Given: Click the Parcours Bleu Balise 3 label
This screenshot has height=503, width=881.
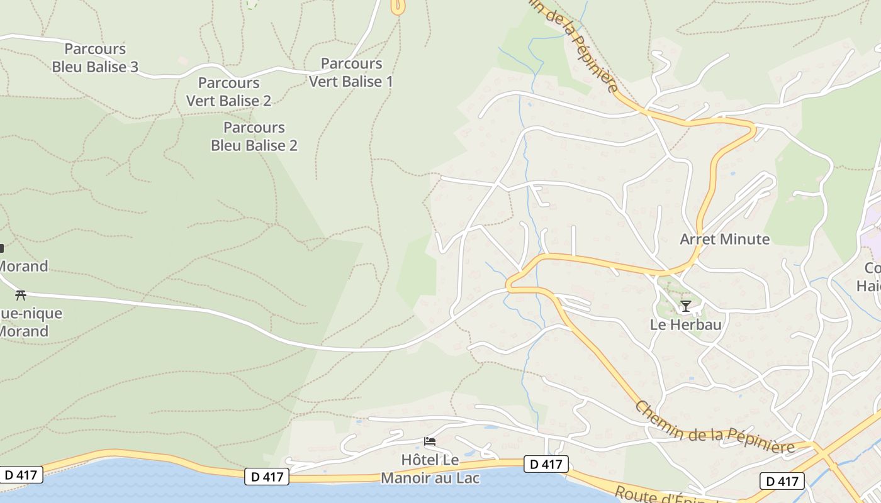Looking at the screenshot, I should click(x=95, y=58).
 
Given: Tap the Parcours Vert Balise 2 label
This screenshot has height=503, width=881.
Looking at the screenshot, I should click(x=228, y=92).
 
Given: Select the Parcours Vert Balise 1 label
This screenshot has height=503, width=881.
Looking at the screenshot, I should click(x=351, y=72).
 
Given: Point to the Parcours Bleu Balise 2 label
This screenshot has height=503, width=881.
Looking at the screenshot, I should click(x=254, y=136).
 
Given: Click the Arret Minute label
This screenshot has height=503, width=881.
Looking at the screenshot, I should click(x=724, y=239).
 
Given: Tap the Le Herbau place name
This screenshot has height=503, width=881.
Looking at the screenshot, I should click(x=685, y=325).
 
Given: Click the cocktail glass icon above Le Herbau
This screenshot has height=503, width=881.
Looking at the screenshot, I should click(x=685, y=306).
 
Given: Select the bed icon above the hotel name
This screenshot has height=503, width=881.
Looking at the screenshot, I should click(x=430, y=441).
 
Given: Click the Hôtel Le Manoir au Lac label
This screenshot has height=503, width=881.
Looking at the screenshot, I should click(x=430, y=468).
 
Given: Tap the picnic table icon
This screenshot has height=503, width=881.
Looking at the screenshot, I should click(x=20, y=294).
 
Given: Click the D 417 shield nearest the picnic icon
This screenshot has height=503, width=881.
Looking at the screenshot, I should click(x=21, y=475).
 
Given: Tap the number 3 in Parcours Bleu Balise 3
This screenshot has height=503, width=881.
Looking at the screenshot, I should click(x=133, y=67).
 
